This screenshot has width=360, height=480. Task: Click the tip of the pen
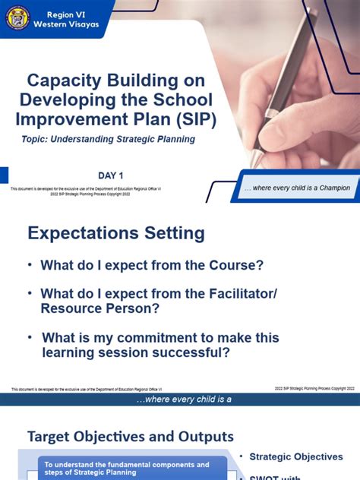point(255,164)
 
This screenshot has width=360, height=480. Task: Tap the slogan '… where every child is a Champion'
point(297,188)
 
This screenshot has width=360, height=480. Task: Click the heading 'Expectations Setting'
point(116,232)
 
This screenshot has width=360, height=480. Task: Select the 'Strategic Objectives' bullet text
point(297,456)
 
